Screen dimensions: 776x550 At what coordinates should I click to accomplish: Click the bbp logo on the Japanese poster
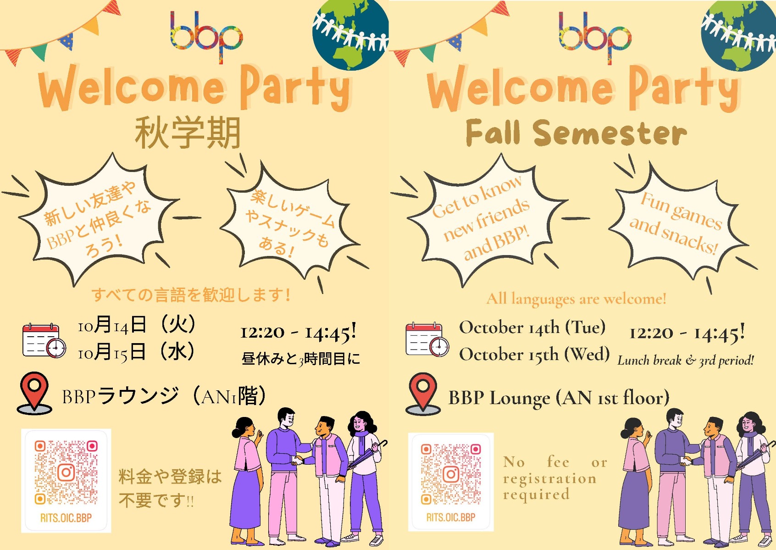click(x=206, y=37)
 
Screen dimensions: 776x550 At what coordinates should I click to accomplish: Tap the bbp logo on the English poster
click(x=595, y=37)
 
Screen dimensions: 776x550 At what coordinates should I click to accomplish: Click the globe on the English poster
click(x=738, y=35)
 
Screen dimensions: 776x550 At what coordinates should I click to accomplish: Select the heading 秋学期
click(x=188, y=133)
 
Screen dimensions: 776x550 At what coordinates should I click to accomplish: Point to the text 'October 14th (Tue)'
click(x=532, y=328)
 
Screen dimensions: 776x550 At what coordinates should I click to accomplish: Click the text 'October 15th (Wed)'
click(x=534, y=354)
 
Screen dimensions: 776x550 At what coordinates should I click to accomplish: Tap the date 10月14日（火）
click(x=137, y=325)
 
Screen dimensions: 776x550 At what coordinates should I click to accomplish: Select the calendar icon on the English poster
click(x=427, y=339)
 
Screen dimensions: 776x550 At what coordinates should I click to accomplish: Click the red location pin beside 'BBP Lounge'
click(x=423, y=394)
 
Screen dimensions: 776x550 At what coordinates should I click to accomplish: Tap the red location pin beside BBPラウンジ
click(x=34, y=393)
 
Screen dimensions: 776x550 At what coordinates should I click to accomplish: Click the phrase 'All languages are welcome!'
click(x=576, y=299)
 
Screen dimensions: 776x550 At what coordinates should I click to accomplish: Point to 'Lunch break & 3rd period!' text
click(x=686, y=361)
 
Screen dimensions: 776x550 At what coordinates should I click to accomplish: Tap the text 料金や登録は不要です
click(x=170, y=489)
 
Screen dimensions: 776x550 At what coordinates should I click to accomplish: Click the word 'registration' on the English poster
click(x=550, y=479)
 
